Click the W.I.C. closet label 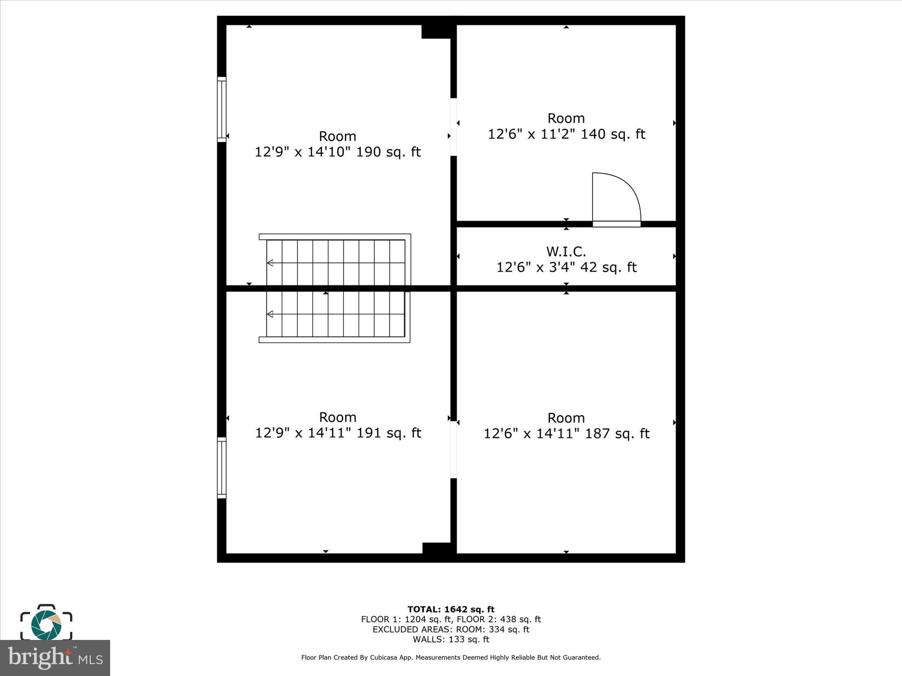click(x=566, y=252)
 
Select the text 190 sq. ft click(x=388, y=152)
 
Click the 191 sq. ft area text click(x=388, y=433)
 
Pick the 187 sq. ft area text click(x=617, y=434)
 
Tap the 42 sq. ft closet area click(x=608, y=268)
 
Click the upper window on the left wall click(x=222, y=110)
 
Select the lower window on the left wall click(x=222, y=468)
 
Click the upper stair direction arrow click(x=270, y=263)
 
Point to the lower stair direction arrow click(x=270, y=314)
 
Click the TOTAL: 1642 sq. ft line click(x=451, y=609)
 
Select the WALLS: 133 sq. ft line click(x=451, y=639)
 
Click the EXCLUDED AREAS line click(x=451, y=629)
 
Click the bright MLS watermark click(x=55, y=658)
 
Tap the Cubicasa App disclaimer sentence click(x=451, y=658)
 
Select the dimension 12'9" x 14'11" click(x=303, y=433)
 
